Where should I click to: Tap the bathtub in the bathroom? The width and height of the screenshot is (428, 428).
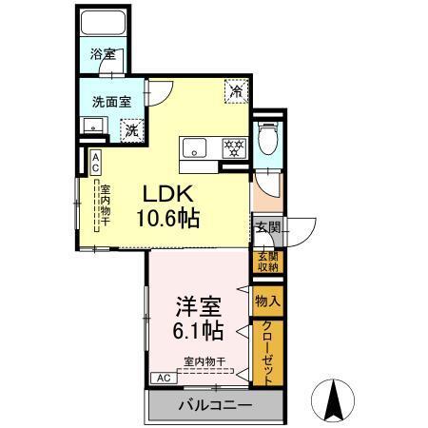(103, 27)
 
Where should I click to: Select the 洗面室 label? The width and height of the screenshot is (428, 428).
(111, 100)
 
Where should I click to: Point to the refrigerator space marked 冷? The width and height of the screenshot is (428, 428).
(234, 92)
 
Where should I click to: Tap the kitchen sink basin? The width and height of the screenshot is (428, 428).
(195, 147)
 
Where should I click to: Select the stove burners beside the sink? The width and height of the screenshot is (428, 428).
(233, 147)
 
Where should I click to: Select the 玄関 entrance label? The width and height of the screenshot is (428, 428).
(267, 227)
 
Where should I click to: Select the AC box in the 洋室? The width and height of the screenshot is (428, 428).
(163, 378)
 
